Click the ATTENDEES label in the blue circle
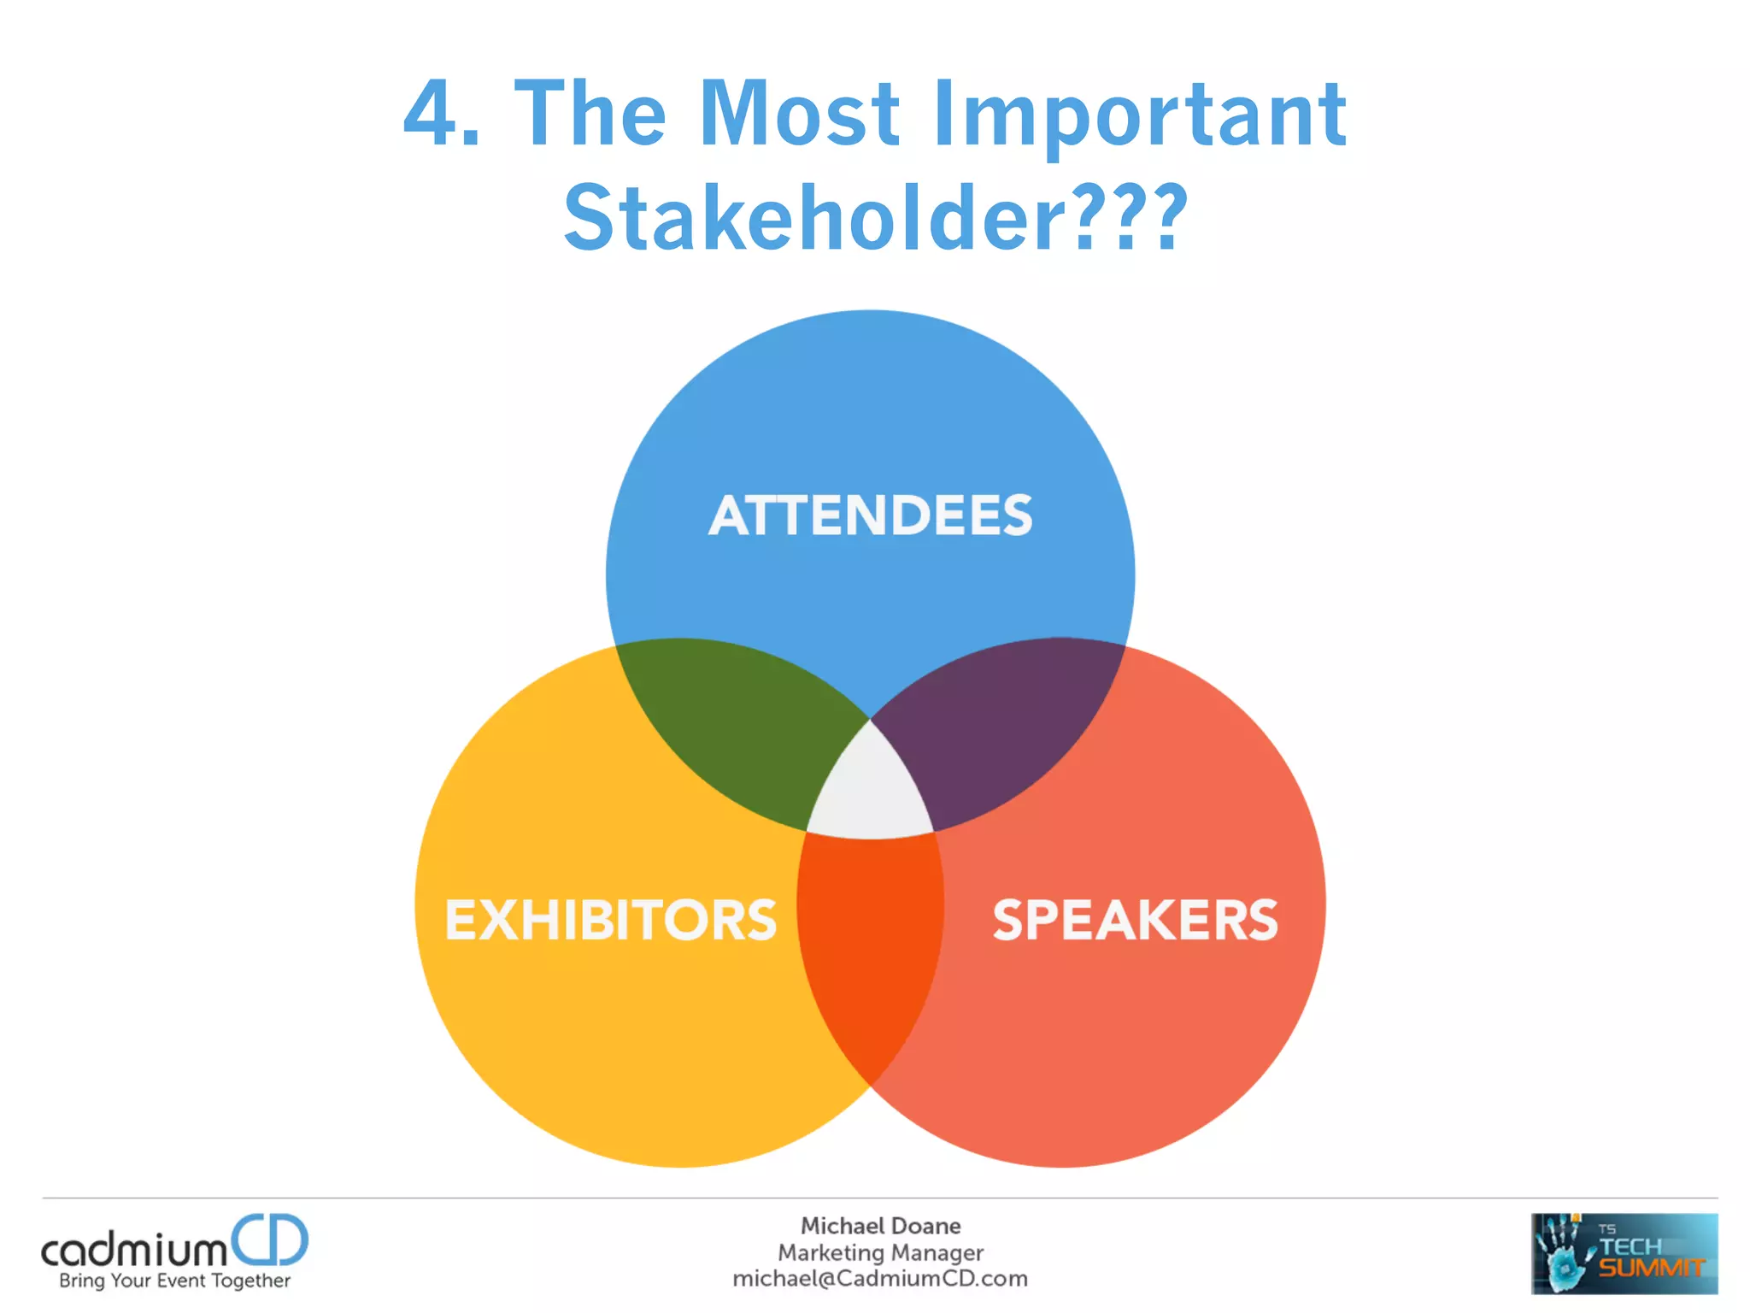(x=870, y=515)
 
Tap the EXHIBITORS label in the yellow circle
(x=611, y=921)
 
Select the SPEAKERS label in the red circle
(x=1135, y=921)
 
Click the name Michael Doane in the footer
(x=880, y=1226)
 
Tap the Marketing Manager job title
(x=880, y=1252)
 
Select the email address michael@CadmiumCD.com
(x=880, y=1279)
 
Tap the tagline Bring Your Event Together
(x=174, y=1281)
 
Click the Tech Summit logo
(x=1624, y=1253)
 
